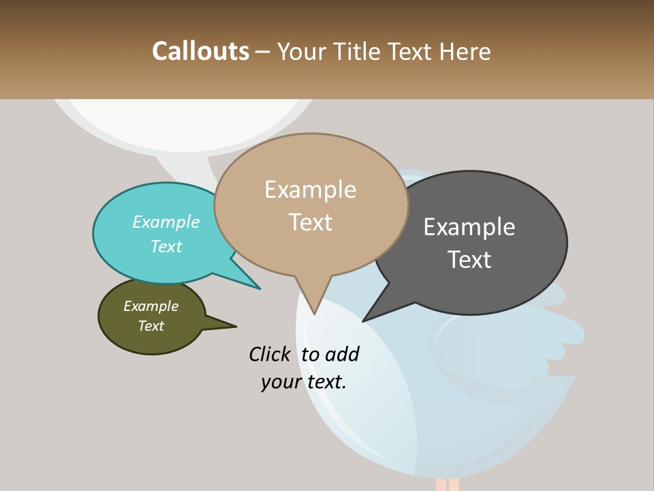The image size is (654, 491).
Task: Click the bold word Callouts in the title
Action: click(200, 51)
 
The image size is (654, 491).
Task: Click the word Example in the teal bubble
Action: click(166, 222)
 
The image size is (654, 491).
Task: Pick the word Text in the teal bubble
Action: click(166, 246)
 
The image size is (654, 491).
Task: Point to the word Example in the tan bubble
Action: click(310, 190)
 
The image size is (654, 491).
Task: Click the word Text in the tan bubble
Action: click(310, 222)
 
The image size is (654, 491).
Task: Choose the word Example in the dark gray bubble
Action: click(469, 226)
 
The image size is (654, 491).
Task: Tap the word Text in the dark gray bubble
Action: click(469, 259)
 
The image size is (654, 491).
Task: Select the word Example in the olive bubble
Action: click(151, 306)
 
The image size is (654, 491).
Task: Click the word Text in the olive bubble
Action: click(151, 326)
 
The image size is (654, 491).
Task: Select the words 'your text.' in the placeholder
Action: click(303, 382)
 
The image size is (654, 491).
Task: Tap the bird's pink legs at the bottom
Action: click(447, 484)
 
